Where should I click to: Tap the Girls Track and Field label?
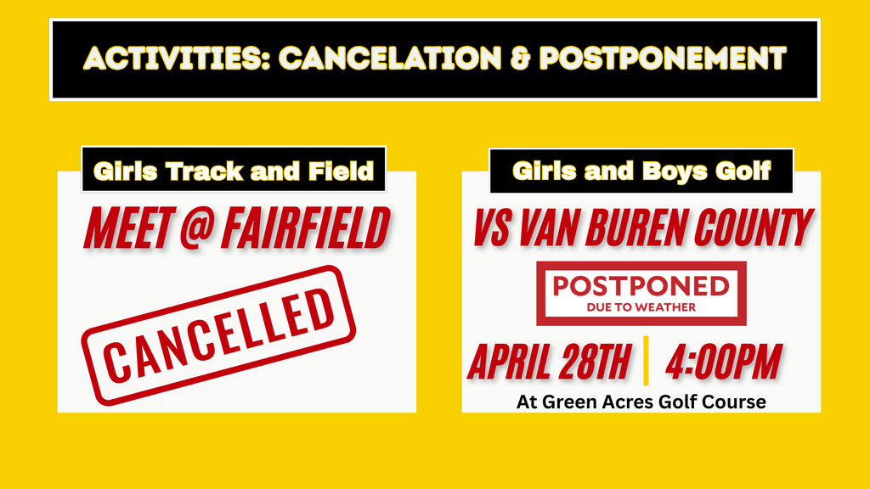234,171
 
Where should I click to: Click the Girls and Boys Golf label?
641,171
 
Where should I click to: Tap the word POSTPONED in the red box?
641,285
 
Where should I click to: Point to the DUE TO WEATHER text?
641,306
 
